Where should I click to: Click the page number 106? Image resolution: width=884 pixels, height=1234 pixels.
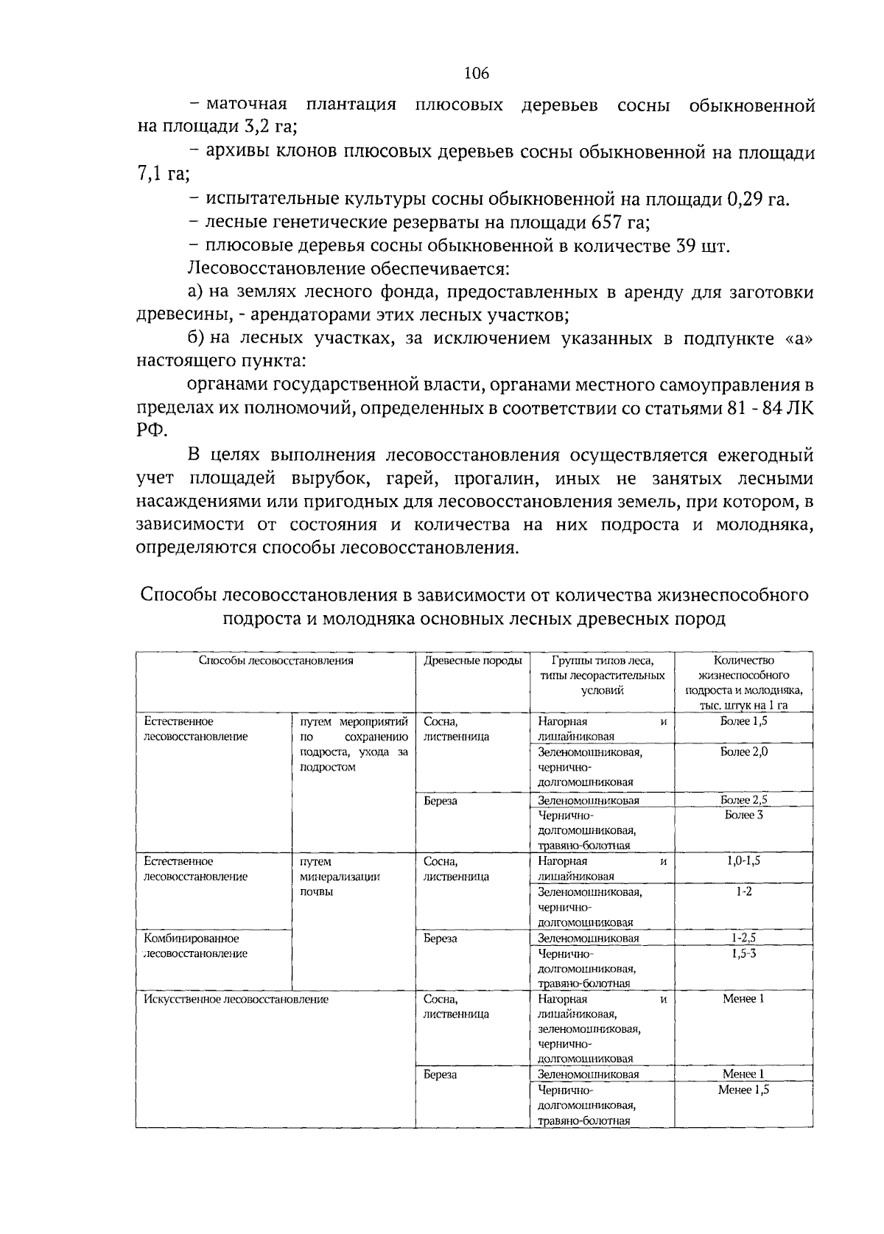477,73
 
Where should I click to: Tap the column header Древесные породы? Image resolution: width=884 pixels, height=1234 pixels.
472,661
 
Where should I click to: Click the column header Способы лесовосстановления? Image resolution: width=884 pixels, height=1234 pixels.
276,661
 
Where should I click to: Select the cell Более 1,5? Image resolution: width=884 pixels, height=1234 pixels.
743,721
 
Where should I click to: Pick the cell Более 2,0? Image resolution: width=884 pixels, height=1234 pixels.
743,752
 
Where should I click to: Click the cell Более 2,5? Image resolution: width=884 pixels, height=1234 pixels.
743,800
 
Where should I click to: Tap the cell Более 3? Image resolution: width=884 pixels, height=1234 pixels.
743,815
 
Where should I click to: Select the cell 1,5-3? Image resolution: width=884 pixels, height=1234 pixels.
743,953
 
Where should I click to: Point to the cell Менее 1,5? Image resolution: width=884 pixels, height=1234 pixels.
743,1090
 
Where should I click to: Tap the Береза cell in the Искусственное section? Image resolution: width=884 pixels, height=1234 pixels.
440,1075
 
